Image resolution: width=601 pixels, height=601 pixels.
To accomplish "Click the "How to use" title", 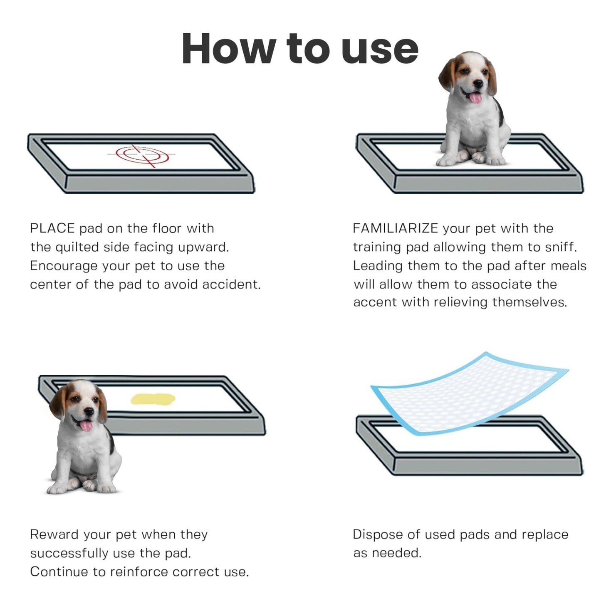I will click(x=300, y=49).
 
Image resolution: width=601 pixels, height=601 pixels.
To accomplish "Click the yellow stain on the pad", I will click(x=153, y=399).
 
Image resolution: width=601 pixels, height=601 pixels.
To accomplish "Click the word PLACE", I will click(x=52, y=228).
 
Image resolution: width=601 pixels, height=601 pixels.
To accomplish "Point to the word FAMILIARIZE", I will click(x=395, y=228).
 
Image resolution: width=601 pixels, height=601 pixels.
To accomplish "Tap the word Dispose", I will click(x=377, y=534).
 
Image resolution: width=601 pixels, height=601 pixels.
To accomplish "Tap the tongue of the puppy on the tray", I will click(x=475, y=98).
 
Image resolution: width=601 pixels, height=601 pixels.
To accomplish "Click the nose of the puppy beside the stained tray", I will click(x=89, y=411).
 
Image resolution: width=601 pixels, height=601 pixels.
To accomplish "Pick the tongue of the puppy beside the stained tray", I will click(x=86, y=425).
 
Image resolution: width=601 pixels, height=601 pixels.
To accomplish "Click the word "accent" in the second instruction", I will click(x=375, y=302).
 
